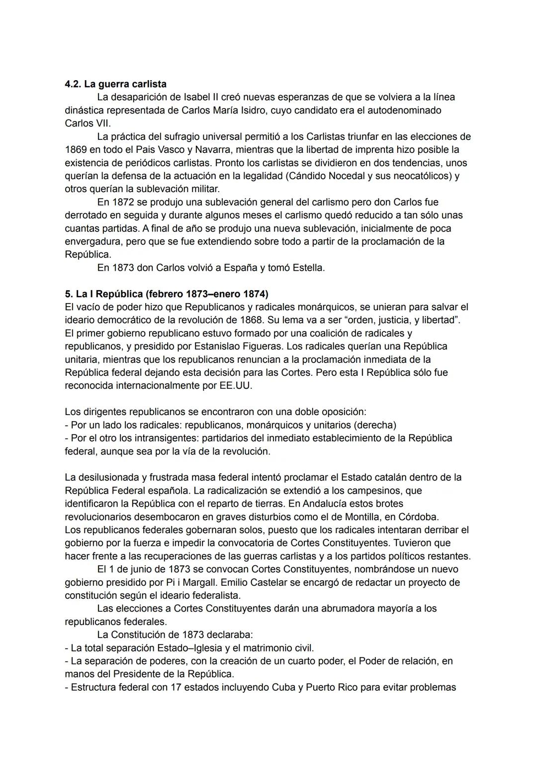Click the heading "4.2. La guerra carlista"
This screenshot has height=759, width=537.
click(115, 84)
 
